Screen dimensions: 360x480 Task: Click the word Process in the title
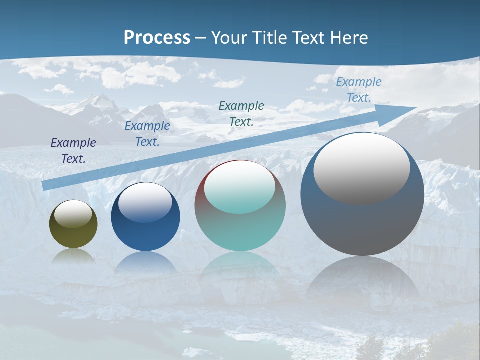157,38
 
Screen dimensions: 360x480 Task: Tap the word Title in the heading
268,38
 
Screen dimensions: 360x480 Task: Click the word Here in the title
350,38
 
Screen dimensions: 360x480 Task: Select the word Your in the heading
230,38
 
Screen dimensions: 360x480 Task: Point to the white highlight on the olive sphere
73,214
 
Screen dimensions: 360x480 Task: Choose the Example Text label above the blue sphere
147,134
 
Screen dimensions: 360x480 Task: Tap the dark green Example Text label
241,113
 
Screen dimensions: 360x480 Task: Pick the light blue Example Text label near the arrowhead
359,90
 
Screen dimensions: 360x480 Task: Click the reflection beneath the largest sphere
362,280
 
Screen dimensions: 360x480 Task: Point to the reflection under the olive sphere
73,256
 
